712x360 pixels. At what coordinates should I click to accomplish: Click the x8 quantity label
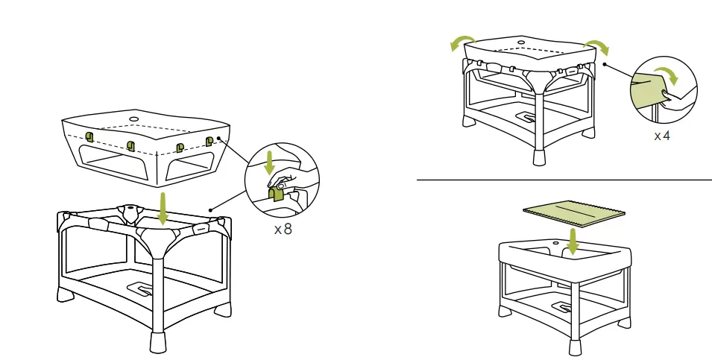(283, 230)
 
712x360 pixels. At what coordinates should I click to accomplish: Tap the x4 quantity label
(662, 136)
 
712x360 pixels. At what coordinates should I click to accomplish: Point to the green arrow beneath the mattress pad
(573, 240)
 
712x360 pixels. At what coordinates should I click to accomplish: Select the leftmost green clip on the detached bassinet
(89, 136)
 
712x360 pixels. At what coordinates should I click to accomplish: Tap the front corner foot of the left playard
(158, 341)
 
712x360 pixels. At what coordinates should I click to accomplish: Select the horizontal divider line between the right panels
(564, 180)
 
